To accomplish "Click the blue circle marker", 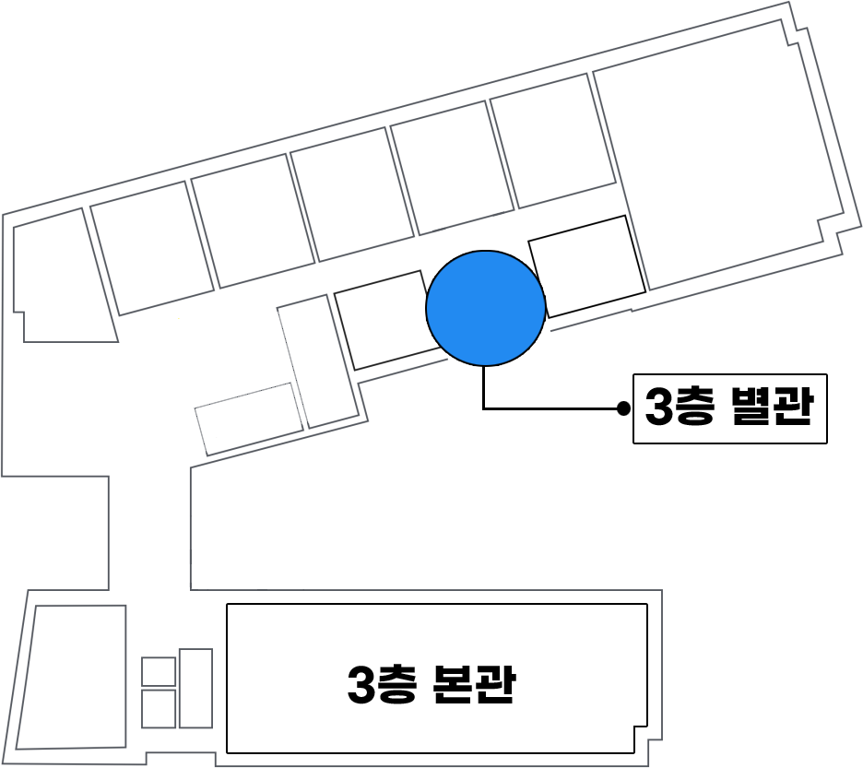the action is coord(486,308).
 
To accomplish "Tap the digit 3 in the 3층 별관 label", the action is coord(660,408).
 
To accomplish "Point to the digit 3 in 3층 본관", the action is coord(361,686).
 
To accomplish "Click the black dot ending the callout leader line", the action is coord(623,408).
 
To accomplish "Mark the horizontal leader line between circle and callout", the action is coord(553,408).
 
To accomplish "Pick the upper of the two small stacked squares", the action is coord(159,672).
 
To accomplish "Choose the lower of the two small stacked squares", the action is coord(159,708).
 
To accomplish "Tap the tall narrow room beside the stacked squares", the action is coord(195,688).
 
